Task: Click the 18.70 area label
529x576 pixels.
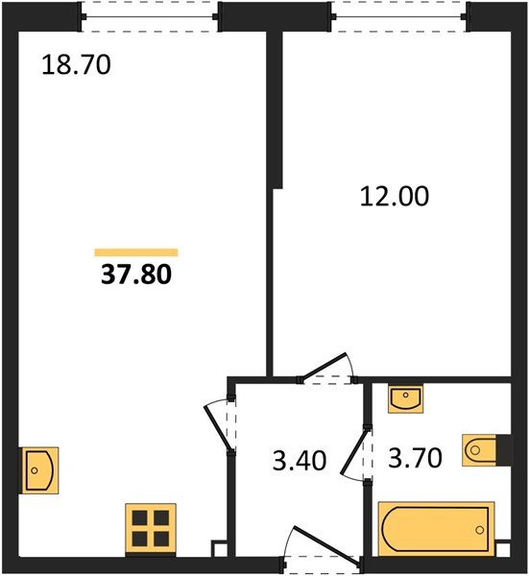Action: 76,64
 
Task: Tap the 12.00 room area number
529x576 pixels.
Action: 395,196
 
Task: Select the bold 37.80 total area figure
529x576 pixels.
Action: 136,275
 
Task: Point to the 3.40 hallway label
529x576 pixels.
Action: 300,460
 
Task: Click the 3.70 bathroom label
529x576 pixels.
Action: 415,458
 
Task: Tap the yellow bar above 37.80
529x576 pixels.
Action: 136,252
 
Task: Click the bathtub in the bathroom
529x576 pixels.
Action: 436,529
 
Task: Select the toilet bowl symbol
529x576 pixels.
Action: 479,450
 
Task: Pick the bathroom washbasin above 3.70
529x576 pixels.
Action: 405,398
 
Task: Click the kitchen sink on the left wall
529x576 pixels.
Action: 38,470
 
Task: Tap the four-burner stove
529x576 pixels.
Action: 151,529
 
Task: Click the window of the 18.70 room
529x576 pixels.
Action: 150,17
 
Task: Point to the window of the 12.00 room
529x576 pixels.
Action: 399,17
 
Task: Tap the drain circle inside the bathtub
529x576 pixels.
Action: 479,530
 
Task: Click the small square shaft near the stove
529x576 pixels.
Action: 219,548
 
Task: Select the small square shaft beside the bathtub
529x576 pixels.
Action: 502,548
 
